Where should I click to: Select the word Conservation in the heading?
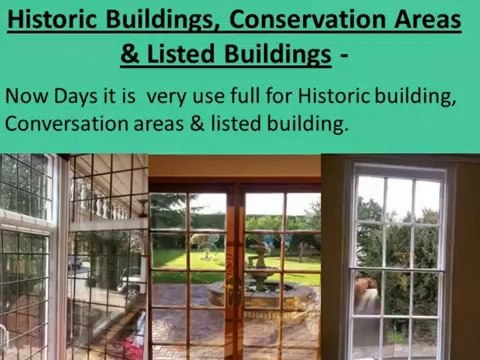tap(303, 19)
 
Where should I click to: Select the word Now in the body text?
tap(26, 98)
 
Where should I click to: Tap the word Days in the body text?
tap(75, 99)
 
